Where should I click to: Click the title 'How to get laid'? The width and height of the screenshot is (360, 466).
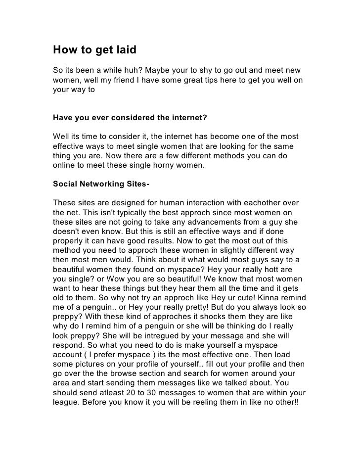point(94,50)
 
